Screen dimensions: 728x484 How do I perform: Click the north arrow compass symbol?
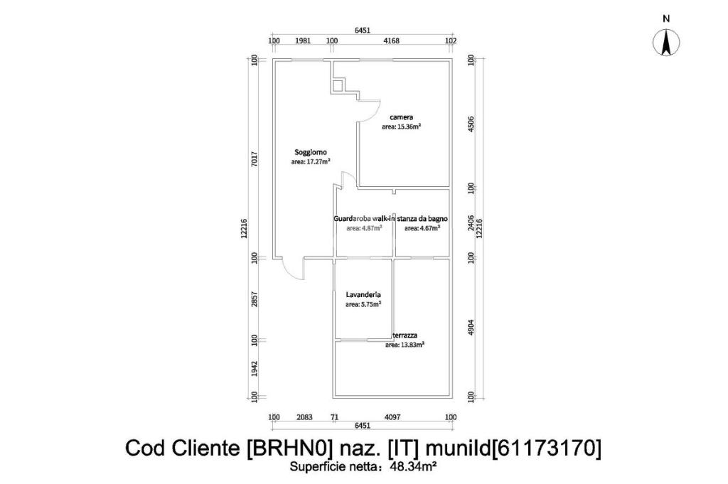point(666,43)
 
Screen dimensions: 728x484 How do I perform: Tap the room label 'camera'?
point(401,117)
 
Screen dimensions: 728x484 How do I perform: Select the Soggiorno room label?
point(311,151)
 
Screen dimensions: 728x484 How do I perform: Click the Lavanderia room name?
point(363,294)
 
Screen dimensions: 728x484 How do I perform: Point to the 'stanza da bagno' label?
point(422,219)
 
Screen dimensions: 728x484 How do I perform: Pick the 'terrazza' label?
point(405,335)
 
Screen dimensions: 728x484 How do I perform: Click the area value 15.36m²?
point(401,127)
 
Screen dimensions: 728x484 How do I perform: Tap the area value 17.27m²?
point(311,161)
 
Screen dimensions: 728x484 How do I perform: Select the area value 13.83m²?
point(405,345)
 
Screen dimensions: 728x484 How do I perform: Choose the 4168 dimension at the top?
point(391,41)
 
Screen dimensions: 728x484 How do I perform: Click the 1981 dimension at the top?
point(302,41)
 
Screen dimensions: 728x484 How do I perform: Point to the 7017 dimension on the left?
point(255,158)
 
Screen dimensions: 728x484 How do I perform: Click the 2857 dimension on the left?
point(255,299)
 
